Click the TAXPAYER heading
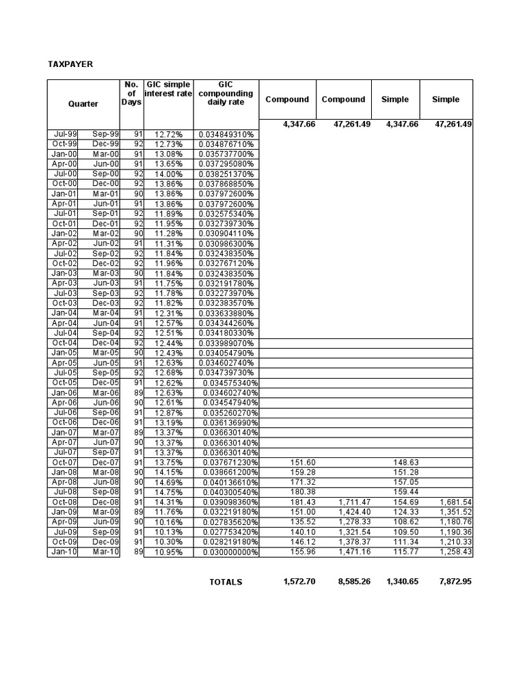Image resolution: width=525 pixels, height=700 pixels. tap(70, 64)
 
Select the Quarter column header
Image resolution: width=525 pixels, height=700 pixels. tap(83, 104)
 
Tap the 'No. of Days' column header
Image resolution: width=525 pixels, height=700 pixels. tap(132, 94)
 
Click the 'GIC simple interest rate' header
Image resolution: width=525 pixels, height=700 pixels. tap(168, 89)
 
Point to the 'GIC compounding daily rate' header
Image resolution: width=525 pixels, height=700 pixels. tap(226, 93)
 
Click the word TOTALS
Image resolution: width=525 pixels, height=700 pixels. tap(226, 582)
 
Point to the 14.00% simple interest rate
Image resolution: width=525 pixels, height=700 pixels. tap(169, 174)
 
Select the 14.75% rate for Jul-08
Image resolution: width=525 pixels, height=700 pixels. tap(169, 492)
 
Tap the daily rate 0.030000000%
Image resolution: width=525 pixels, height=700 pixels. tap(228, 552)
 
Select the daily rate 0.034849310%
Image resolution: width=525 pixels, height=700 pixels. tap(226, 134)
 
